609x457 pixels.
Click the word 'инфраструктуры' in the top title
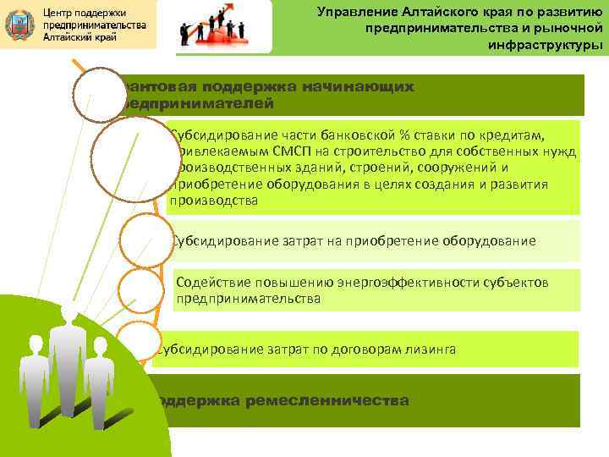(x=546, y=46)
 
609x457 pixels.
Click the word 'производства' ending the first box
(x=213, y=201)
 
